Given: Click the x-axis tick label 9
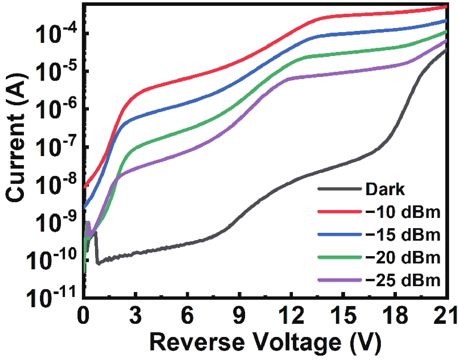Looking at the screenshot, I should click(239, 316).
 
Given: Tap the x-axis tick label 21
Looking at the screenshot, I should click(445, 316).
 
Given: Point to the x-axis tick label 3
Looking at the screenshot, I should click(136, 316).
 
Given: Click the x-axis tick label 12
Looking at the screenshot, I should click(291, 316).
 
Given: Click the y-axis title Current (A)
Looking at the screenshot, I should click(16, 137).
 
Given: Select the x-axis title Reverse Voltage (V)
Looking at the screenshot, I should click(265, 342).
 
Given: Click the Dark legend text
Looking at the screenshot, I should click(385, 189).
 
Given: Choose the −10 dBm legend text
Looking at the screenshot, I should click(402, 212).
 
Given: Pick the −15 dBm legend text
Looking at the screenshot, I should click(402, 235).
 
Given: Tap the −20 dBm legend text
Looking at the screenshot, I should click(402, 258).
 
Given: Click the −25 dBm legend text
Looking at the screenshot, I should click(402, 280).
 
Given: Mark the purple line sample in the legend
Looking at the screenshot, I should click(340, 280).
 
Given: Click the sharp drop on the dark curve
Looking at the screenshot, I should click(96, 248).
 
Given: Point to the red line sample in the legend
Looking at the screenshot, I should click(340, 211).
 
